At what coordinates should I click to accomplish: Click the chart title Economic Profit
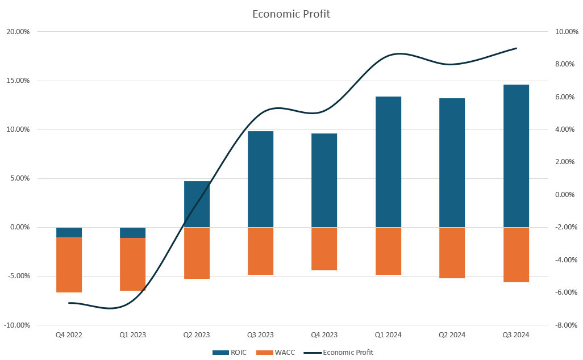tap(291, 14)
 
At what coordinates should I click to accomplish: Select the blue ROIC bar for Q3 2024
tap(516, 156)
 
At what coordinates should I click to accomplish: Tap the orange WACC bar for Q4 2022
tap(69, 265)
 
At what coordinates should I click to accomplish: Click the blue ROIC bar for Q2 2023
tap(197, 204)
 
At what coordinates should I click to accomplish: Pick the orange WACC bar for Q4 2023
tap(324, 249)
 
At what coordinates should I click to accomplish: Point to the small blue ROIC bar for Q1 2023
tap(132, 233)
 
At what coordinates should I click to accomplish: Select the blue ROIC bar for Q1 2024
tap(388, 162)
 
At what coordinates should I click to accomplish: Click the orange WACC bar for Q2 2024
tap(452, 253)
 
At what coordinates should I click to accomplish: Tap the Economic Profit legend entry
tap(340, 353)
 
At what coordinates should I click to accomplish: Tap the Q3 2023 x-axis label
tap(260, 335)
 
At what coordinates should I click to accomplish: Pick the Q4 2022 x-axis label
tap(69, 335)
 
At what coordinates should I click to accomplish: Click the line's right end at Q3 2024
tap(516, 48)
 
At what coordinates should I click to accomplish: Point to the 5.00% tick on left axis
tap(19, 178)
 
